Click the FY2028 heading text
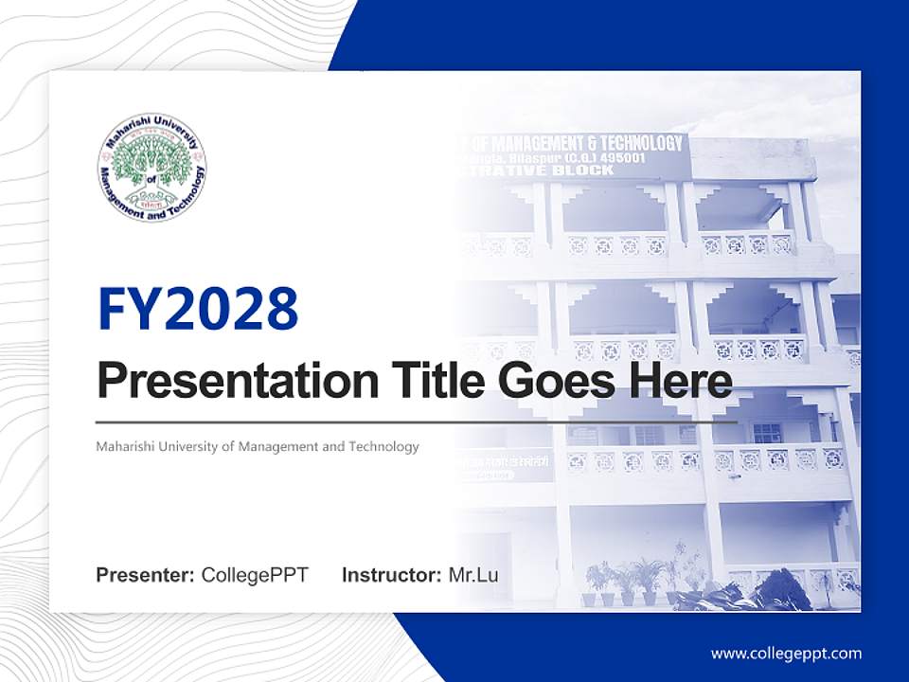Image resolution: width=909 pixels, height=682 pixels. tap(198, 309)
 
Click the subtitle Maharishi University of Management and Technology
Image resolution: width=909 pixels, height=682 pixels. tap(258, 446)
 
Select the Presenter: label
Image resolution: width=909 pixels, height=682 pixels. tap(146, 575)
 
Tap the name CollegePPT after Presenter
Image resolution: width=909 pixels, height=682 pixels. tap(255, 575)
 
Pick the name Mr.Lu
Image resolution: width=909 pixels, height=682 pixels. tap(473, 575)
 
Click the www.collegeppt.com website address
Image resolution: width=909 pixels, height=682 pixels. tap(786, 654)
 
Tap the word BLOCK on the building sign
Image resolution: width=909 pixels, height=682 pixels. tap(587, 170)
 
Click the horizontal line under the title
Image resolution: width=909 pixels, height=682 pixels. tap(417, 422)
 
